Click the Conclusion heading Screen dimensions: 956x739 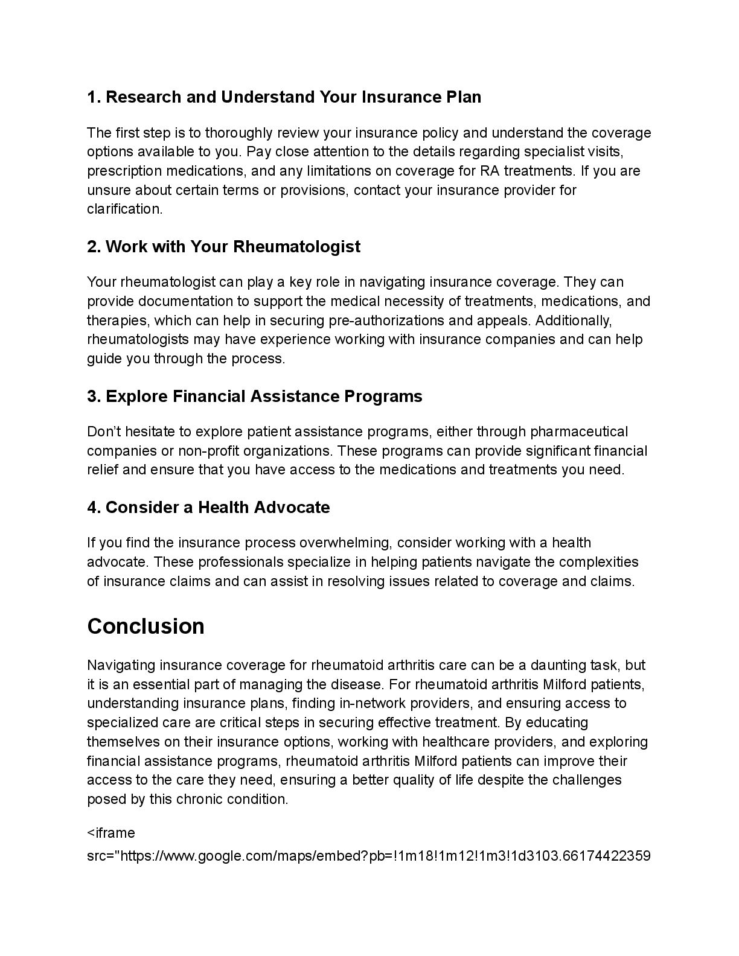click(146, 626)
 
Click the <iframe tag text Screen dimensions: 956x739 click(111, 833)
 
